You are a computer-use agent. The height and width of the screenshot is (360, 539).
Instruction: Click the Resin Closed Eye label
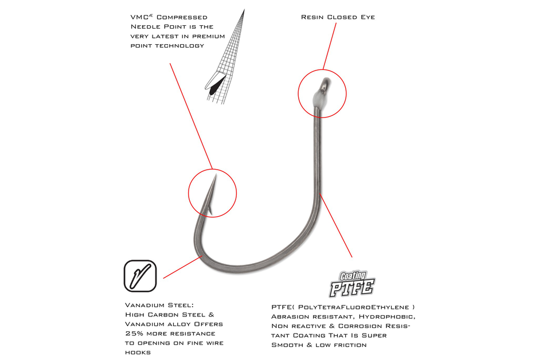[x=338, y=17]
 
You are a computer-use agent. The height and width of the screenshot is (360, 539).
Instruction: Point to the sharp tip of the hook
[x=215, y=176]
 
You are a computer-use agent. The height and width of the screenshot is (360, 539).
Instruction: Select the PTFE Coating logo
[x=351, y=283]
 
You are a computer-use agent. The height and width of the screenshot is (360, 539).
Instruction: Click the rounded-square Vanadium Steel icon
[x=140, y=275]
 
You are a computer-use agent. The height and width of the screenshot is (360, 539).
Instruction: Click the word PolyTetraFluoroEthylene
[x=359, y=307]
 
